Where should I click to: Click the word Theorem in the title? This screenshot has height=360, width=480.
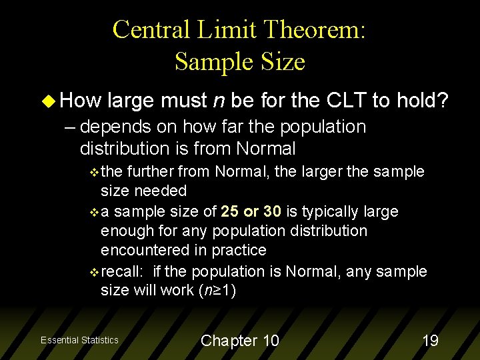pyautogui.click(x=312, y=30)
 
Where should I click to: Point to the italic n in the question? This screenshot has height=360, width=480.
pyautogui.click(x=217, y=101)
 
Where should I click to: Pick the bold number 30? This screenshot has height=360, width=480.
pyautogui.click(x=272, y=211)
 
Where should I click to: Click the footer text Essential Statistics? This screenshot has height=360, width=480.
pyautogui.click(x=79, y=341)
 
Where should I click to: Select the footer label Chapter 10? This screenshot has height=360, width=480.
pyautogui.click(x=240, y=341)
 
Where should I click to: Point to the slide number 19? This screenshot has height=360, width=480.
pyautogui.click(x=431, y=341)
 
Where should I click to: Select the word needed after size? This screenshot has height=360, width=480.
pyautogui.click(x=160, y=191)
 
